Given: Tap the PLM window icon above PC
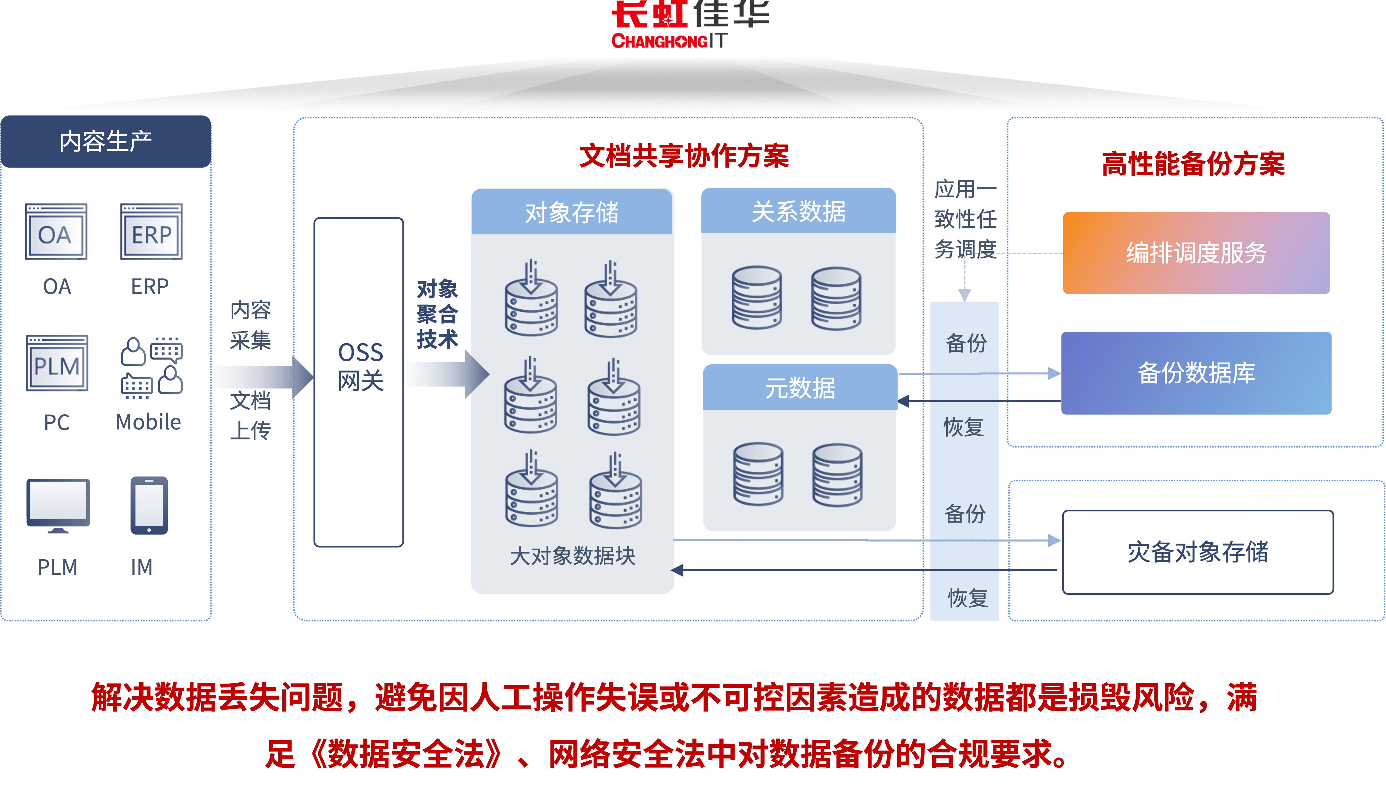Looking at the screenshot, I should point(57,363).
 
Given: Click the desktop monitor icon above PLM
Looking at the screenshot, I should point(58,505).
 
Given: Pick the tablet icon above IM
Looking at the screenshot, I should point(149,505).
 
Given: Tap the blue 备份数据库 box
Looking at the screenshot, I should point(1196,373).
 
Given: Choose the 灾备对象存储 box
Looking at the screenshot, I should point(1197,552).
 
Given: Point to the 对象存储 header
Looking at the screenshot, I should point(572,212).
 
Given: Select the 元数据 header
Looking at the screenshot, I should point(800,388).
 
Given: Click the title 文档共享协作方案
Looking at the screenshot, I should point(684,156).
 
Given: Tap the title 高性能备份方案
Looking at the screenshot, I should point(1193,164).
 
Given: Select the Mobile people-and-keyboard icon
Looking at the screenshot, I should point(151,366).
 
